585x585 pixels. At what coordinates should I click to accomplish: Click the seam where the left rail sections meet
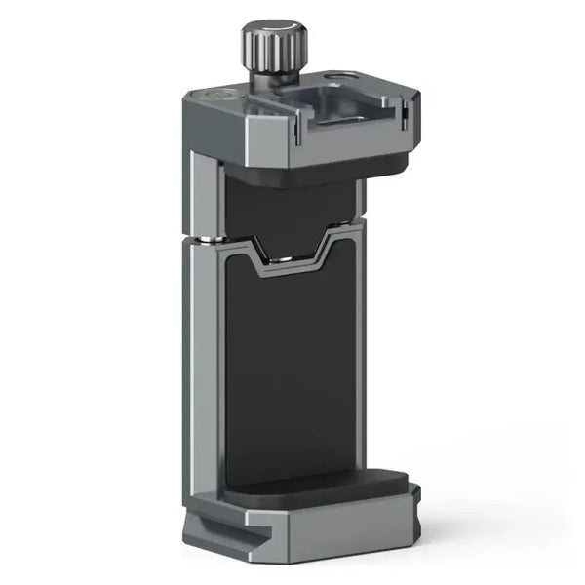tap(203, 239)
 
